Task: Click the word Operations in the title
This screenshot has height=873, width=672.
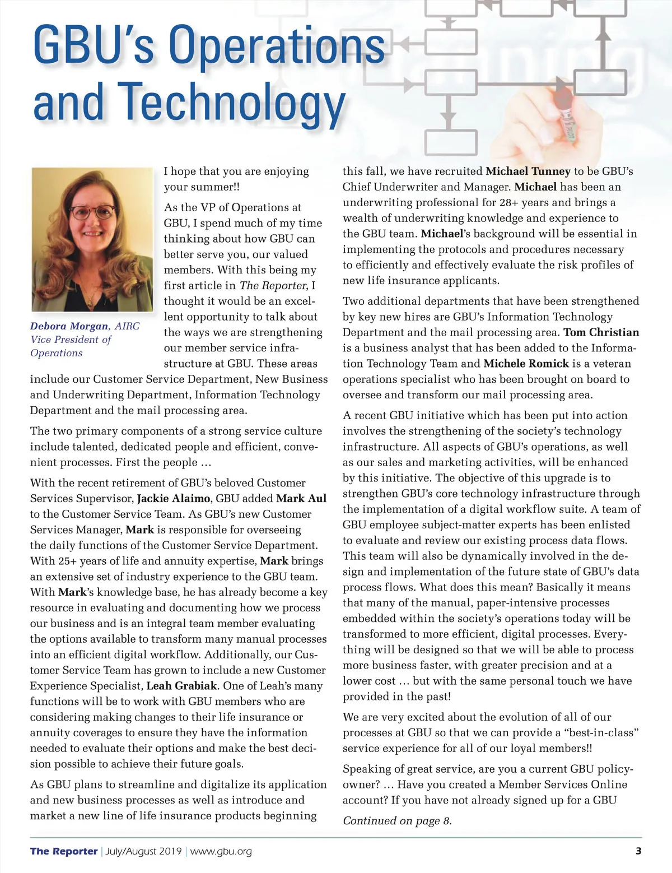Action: coord(277,45)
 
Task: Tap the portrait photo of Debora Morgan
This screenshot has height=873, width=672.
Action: coord(92,239)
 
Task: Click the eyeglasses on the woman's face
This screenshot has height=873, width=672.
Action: coord(92,212)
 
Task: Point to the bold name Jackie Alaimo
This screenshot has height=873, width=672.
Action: coord(174,498)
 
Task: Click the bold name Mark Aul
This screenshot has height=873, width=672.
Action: coord(301,498)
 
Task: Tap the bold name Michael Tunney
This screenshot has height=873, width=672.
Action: coord(528,171)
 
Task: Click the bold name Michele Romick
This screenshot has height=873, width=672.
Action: coord(526,364)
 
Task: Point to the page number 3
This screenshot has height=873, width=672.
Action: coord(638,851)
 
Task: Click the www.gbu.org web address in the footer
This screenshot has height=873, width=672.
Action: coord(221,852)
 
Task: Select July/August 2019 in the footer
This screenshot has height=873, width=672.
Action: coord(143,852)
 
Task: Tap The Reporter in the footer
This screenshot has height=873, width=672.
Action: coord(64,852)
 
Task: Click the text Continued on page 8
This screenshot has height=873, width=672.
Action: coord(397,821)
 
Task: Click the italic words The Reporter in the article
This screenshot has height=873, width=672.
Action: coord(273,286)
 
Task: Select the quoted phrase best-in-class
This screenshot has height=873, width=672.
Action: coord(598,733)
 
